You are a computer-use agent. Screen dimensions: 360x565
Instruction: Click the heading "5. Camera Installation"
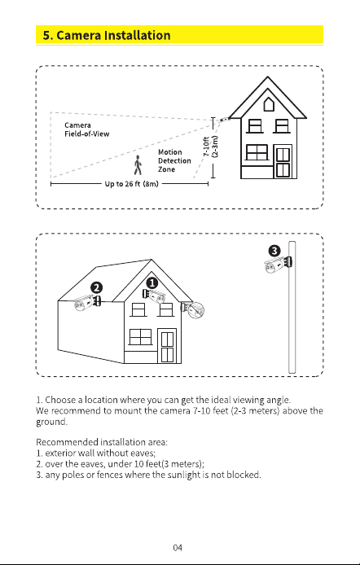[107, 35]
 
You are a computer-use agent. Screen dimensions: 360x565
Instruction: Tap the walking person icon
[138, 165]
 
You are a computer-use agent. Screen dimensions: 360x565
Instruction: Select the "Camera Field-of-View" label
[87, 129]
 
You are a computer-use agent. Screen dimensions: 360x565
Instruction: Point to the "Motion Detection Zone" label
[174, 160]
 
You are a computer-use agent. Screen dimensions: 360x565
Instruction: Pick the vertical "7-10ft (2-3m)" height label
[211, 147]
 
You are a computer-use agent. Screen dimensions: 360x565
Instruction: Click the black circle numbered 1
[153, 283]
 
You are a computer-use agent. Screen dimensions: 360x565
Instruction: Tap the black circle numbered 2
[97, 287]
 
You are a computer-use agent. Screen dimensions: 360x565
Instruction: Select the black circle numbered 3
[274, 251]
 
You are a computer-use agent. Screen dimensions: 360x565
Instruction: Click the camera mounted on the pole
[278, 265]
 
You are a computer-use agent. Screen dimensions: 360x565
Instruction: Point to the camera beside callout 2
[87, 303]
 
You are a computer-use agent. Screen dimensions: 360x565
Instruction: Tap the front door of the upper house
[283, 161]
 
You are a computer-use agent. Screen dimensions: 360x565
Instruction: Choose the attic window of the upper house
[269, 104]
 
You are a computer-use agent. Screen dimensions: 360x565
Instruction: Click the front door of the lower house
[167, 346]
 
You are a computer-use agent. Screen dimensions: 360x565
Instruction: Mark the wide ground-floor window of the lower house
[140, 337]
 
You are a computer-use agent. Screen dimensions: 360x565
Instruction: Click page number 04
[178, 548]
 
